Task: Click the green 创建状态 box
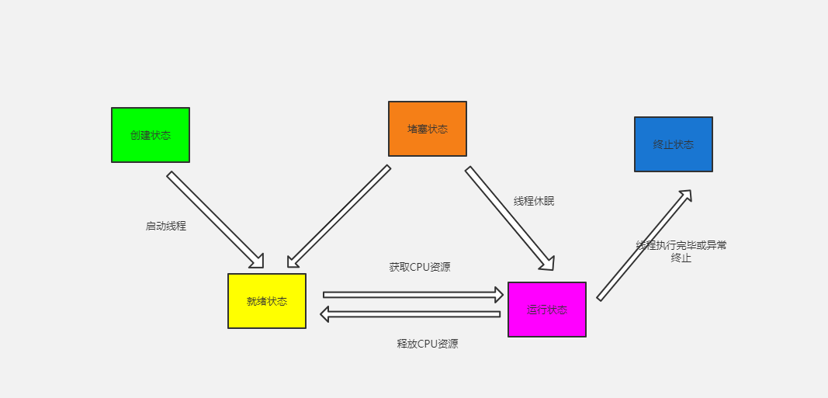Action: point(151,135)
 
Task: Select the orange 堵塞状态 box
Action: point(428,129)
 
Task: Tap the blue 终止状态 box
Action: point(674,144)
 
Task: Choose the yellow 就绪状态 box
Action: point(267,301)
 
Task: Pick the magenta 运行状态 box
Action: point(547,310)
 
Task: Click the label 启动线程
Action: point(166,227)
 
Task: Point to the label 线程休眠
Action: point(534,201)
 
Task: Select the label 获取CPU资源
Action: point(420,267)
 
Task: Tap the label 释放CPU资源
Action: point(428,344)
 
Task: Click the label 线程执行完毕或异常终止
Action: point(681,251)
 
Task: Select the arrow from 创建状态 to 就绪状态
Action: point(215,220)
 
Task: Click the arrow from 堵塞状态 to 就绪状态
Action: point(338,216)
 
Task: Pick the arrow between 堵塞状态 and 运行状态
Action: point(509,218)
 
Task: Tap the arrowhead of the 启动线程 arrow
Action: point(257,261)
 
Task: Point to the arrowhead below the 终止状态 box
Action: point(684,196)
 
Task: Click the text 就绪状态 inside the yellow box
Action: point(267,301)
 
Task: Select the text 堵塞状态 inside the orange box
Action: point(428,129)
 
